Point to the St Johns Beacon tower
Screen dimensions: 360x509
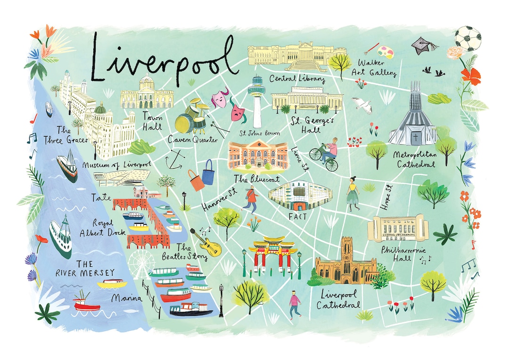[257, 101]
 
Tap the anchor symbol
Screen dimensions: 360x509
[173, 158]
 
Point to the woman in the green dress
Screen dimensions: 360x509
[353, 194]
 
